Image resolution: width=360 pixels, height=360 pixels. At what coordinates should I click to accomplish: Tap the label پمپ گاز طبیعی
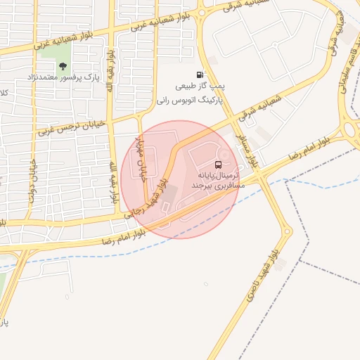(x=200, y=87)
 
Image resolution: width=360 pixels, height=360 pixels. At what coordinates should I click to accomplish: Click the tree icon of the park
(x=63, y=66)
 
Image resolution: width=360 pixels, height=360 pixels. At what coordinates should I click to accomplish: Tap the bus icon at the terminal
(x=217, y=163)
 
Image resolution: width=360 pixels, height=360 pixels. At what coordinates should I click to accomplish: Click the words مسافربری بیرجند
(x=214, y=185)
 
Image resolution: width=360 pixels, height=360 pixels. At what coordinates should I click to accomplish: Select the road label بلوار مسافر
(x=249, y=146)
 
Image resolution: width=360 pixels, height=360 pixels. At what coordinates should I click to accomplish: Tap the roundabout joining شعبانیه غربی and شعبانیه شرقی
(x=202, y=12)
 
